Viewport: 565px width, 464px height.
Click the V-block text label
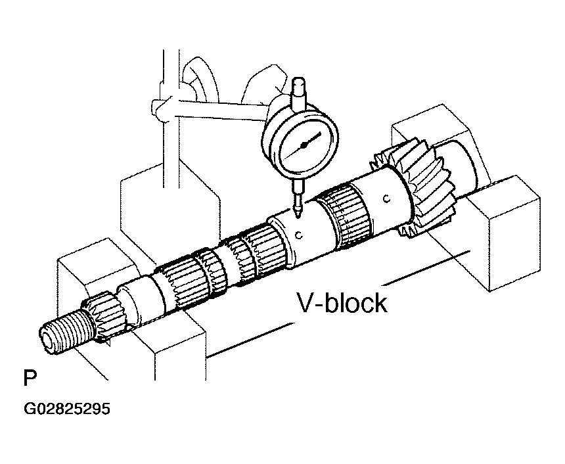click(x=342, y=303)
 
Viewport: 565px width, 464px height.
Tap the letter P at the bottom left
click(x=30, y=377)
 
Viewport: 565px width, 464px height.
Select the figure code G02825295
click(x=66, y=409)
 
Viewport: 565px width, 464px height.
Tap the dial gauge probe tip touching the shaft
click(x=297, y=216)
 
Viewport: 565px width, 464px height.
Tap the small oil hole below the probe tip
click(x=298, y=235)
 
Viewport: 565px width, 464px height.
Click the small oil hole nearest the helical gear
click(x=387, y=198)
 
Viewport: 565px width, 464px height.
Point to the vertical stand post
click(x=170, y=119)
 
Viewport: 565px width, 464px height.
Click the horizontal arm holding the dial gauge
click(x=216, y=110)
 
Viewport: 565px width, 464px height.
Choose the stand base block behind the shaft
click(x=169, y=213)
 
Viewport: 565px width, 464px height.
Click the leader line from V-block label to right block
click(x=426, y=267)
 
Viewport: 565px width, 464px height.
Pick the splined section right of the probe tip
click(x=346, y=216)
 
